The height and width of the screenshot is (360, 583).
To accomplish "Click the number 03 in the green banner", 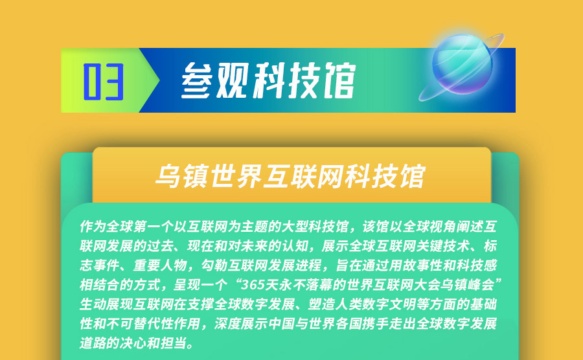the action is click(104, 82).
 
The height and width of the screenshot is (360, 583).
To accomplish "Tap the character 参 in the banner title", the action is click(197, 80).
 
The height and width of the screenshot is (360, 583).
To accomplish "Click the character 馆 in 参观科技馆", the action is click(339, 80).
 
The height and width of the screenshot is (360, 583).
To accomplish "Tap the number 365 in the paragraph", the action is click(253, 285).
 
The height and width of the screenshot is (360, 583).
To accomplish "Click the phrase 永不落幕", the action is click(305, 285).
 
